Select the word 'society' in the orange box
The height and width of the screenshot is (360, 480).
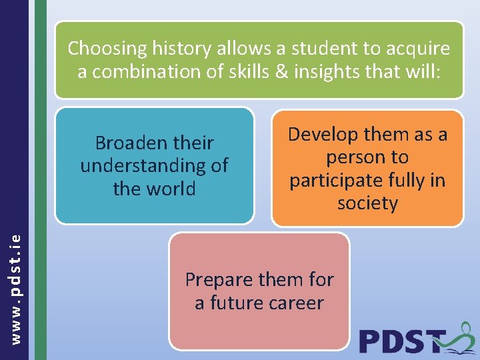pyautogui.click(x=367, y=203)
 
